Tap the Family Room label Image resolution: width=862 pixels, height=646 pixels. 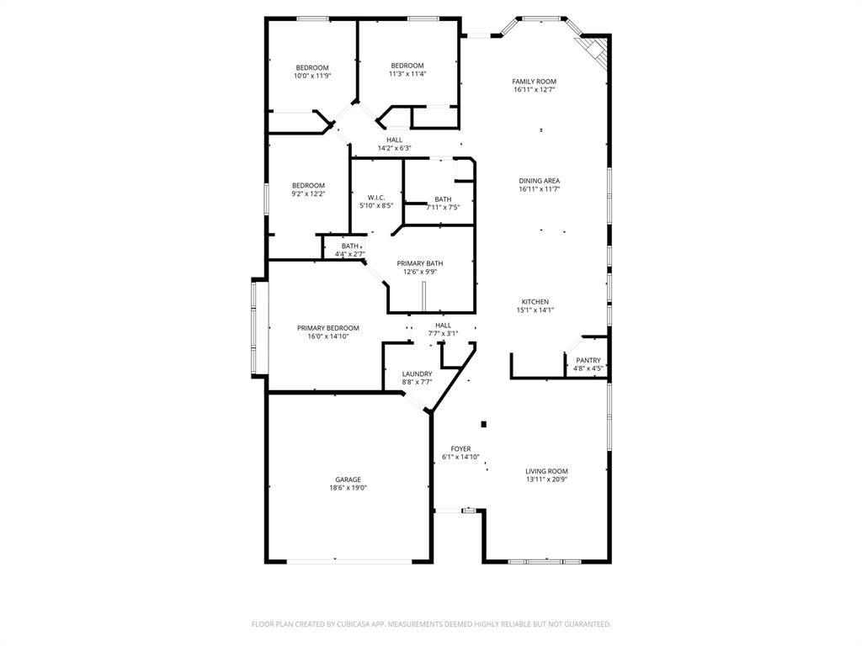click(x=535, y=82)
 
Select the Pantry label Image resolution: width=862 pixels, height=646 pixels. click(x=588, y=360)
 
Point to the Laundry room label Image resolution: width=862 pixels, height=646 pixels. click(x=417, y=373)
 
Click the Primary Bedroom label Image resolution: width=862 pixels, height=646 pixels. click(x=328, y=328)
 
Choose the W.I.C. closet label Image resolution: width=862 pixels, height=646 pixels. click(x=376, y=198)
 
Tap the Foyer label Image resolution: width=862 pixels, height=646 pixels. click(x=460, y=448)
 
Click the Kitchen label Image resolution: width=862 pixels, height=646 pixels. click(x=535, y=302)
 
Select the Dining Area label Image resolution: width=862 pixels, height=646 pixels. click(x=540, y=181)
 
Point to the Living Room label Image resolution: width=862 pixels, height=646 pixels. click(x=547, y=471)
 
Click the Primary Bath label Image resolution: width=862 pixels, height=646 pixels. click(x=420, y=263)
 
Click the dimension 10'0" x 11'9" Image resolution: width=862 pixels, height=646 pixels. click(x=311, y=76)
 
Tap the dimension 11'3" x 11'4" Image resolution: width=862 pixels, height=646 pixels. click(x=407, y=73)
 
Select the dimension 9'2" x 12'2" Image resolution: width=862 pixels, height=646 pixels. click(x=308, y=193)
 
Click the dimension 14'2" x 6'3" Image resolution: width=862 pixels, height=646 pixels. click(x=394, y=148)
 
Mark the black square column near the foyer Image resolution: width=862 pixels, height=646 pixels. click(x=483, y=424)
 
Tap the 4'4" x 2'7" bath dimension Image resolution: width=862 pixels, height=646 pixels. click(x=349, y=253)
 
